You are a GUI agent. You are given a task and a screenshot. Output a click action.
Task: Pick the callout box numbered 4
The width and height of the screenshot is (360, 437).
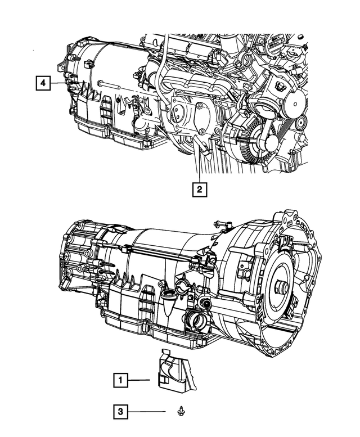pyautogui.click(x=42, y=83)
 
